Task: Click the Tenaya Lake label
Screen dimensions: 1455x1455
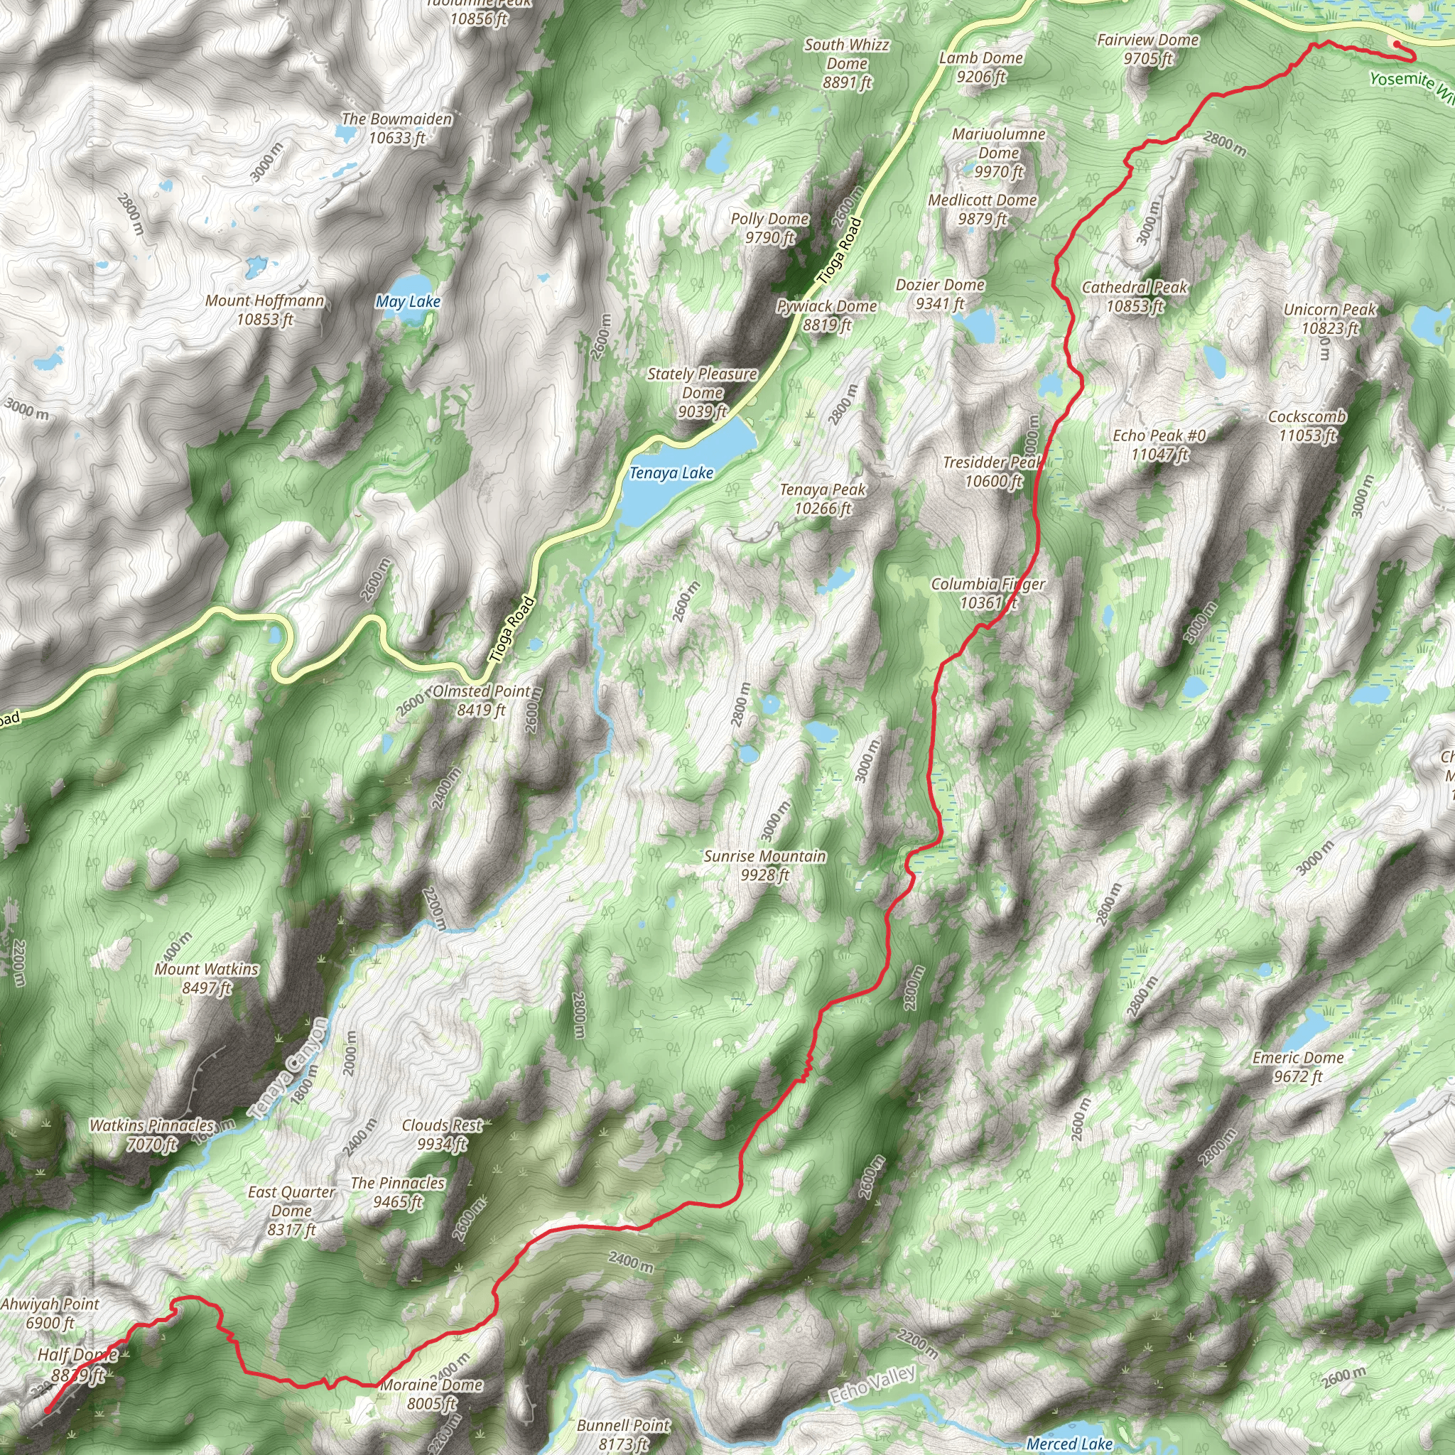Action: coord(670,473)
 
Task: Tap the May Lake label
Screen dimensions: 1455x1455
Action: coord(407,302)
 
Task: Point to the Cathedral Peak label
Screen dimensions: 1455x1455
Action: coord(1134,297)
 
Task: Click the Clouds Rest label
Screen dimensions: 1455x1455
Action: coord(442,1134)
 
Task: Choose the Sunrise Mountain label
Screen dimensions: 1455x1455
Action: coord(764,865)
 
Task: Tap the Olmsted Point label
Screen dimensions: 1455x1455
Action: coord(481,701)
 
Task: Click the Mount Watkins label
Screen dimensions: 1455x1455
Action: coord(206,978)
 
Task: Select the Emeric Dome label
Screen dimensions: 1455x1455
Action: coord(1297,1067)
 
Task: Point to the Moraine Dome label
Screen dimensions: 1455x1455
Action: coord(431,1393)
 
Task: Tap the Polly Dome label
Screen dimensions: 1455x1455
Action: coord(769,228)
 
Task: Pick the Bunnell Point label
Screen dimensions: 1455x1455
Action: coord(624,1434)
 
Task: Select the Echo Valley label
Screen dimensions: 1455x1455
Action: coord(873,1384)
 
